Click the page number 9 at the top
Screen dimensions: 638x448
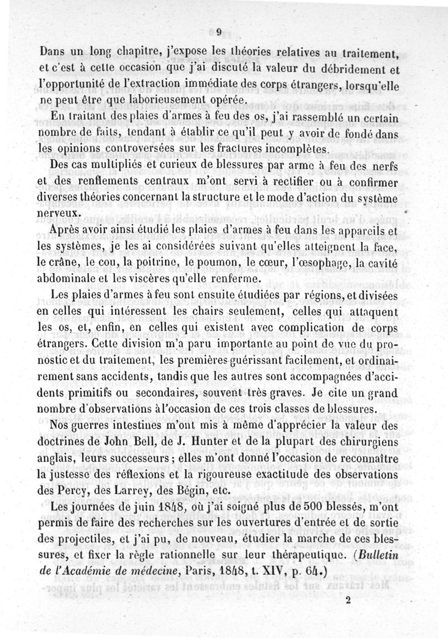pos(219,31)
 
